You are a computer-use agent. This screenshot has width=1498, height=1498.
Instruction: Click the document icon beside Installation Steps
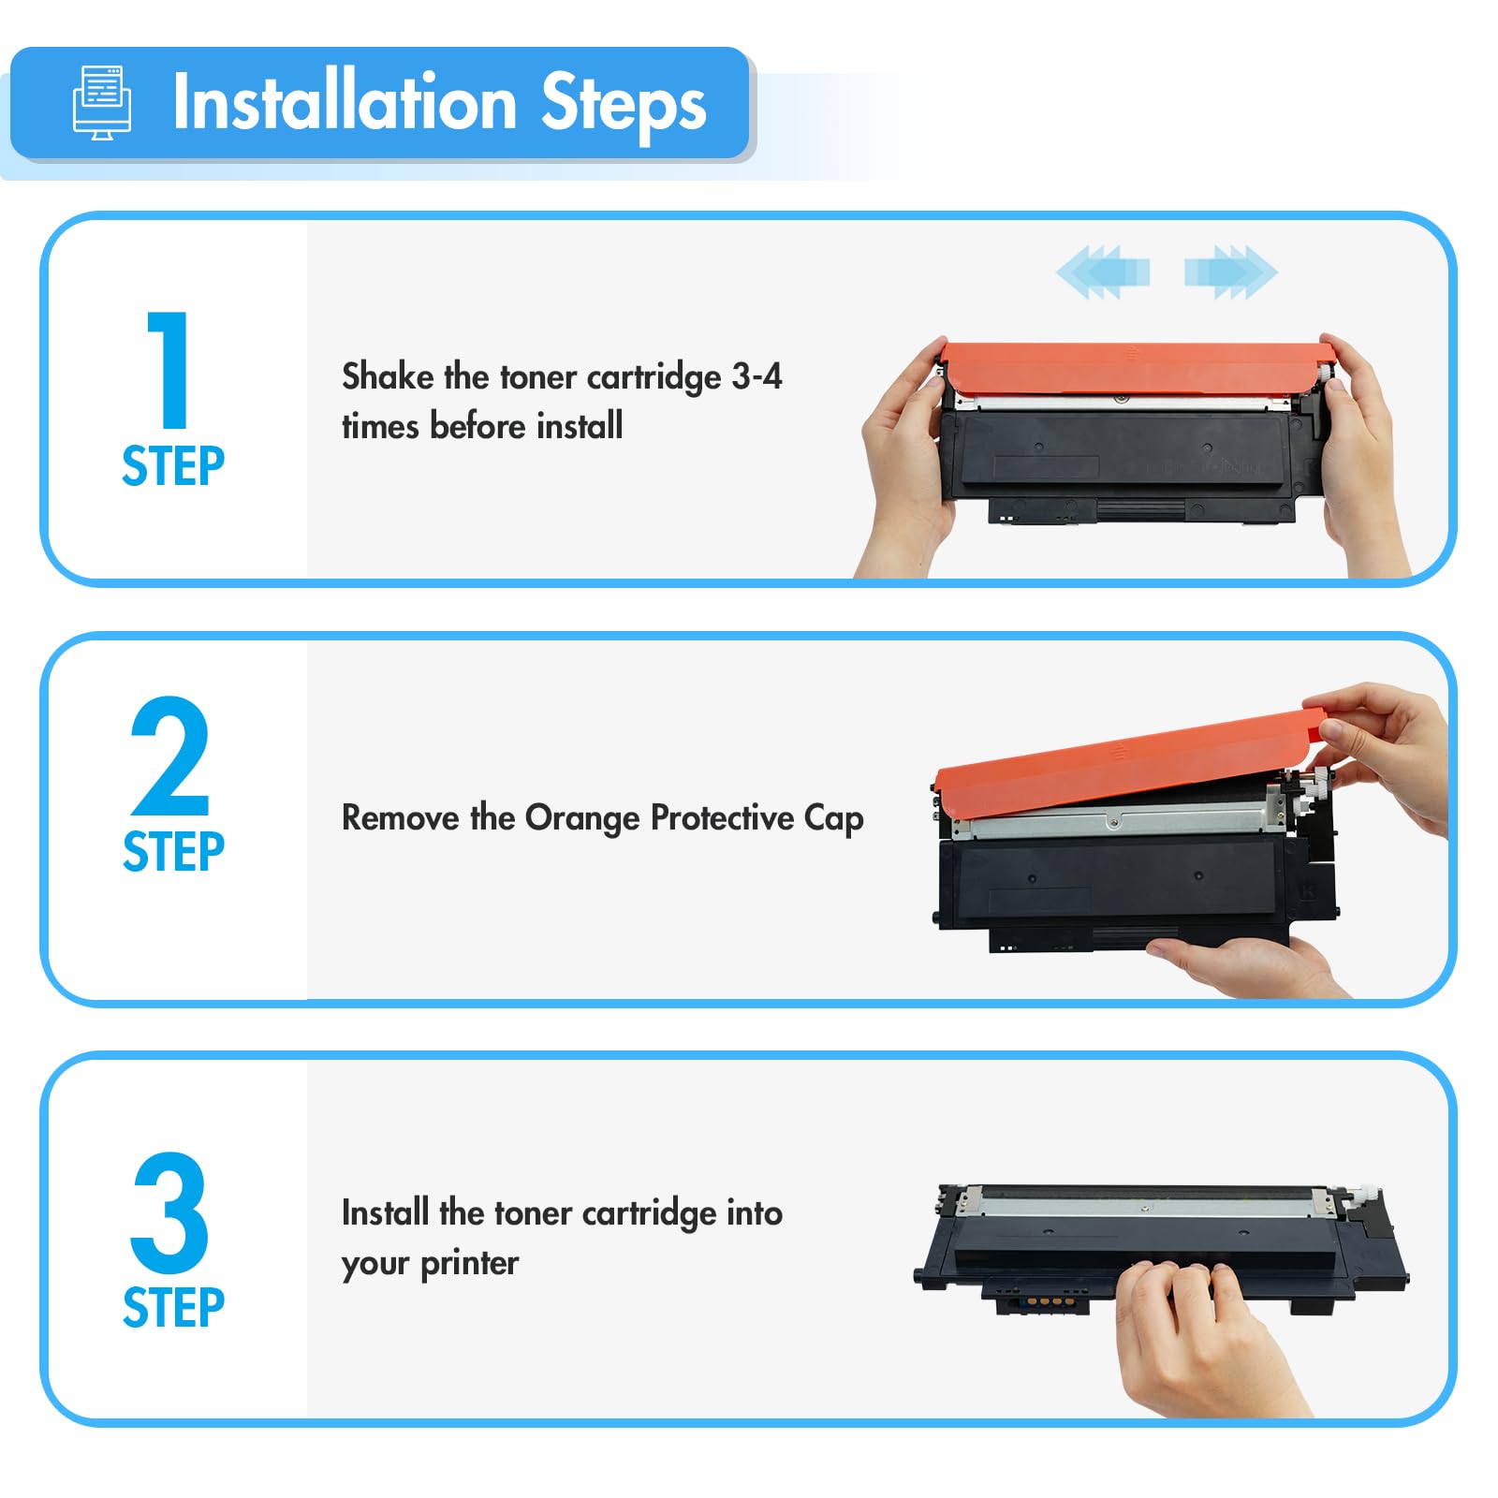pos(102,103)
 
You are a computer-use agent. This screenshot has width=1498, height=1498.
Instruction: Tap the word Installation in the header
pos(345,102)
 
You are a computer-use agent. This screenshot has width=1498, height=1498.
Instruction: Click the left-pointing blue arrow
pos(1103,272)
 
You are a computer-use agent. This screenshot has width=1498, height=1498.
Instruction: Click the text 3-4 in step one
pos(756,376)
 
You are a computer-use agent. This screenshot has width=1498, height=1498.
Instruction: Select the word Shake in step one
pos(388,375)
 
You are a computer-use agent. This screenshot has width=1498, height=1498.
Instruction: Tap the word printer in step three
pos(469,1264)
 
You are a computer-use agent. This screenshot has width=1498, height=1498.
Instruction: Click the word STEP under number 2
pos(173,852)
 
